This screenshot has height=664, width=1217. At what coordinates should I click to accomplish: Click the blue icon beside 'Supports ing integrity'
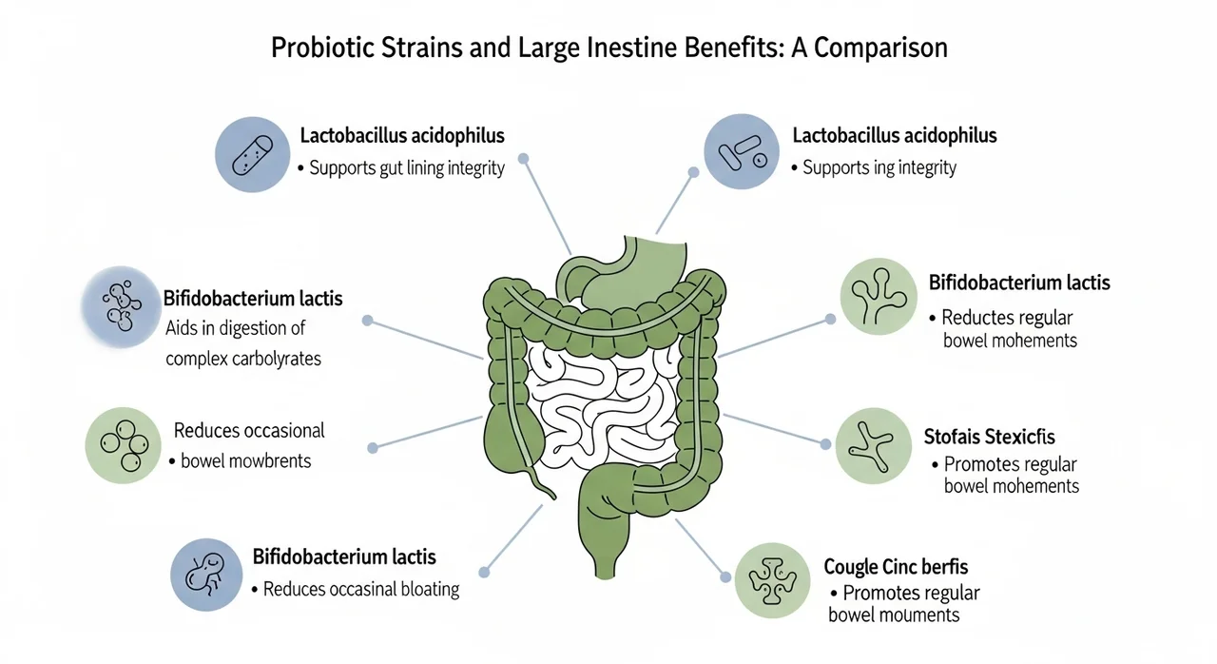pyautogui.click(x=741, y=152)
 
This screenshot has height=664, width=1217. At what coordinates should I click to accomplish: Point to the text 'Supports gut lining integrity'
pyautogui.click(x=406, y=167)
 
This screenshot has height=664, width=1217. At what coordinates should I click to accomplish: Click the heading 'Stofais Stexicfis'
pyautogui.click(x=989, y=438)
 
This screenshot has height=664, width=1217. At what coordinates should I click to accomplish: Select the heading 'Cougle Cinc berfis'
pyautogui.click(x=896, y=567)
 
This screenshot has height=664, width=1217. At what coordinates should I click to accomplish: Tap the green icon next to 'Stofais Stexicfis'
pyautogui.click(x=873, y=444)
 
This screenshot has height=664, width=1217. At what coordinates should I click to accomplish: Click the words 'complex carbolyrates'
pyautogui.click(x=243, y=359)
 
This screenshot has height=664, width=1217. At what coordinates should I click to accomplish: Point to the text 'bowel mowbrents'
pyautogui.click(x=246, y=461)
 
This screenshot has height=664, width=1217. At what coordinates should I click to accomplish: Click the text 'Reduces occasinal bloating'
pyautogui.click(x=360, y=590)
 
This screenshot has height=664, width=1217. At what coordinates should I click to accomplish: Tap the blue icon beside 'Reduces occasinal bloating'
pyautogui.click(x=206, y=574)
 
